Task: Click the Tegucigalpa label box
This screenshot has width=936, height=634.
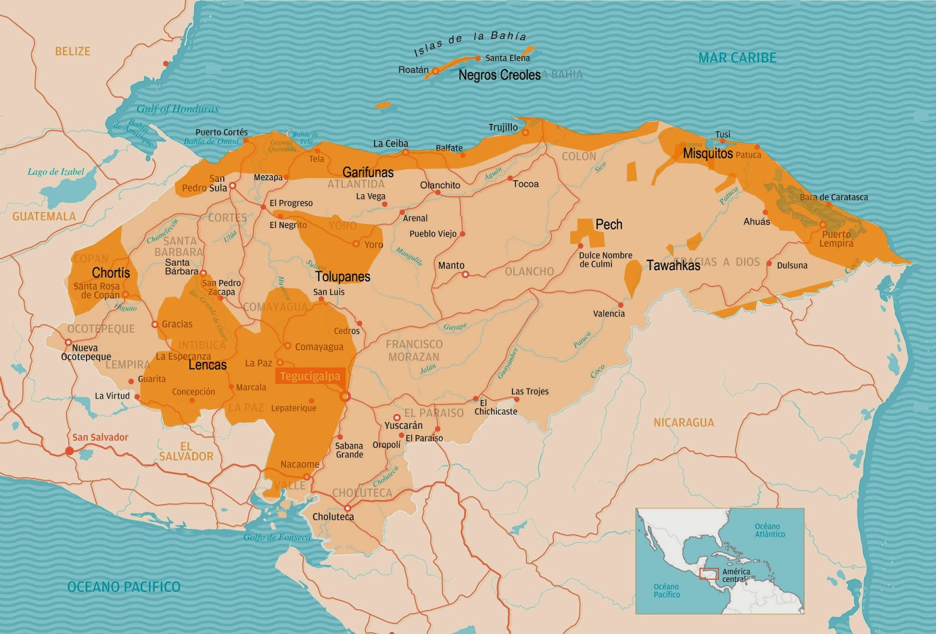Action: [x=309, y=377]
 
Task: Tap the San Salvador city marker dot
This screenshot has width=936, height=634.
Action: [x=70, y=451]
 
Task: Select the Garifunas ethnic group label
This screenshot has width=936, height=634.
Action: [x=368, y=173]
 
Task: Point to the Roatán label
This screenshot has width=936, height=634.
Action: [x=413, y=70]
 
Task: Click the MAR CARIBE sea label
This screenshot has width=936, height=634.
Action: [x=737, y=58]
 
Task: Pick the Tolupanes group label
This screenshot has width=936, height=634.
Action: [x=343, y=277]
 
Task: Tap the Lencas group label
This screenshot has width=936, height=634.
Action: [x=207, y=366]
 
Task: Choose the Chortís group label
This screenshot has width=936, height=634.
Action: [x=111, y=273]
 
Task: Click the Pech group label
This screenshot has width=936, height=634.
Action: [x=608, y=225]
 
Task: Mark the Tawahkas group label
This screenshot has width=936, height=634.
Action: [x=673, y=266]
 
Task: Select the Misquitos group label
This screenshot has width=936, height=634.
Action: [x=708, y=154]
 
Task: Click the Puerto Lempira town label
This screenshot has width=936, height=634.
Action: [x=836, y=239]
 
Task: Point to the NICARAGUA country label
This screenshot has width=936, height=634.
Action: [x=683, y=422]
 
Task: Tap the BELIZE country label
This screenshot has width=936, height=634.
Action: [x=73, y=51]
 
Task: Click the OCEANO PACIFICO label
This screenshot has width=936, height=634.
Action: [x=124, y=587]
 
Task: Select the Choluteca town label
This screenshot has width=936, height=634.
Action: [x=333, y=516]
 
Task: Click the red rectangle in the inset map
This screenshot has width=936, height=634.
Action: [x=709, y=574]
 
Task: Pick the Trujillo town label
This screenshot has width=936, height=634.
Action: [x=503, y=127]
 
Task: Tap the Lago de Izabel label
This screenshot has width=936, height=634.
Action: [x=56, y=172]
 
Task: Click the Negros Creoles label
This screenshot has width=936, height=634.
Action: [x=499, y=75]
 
